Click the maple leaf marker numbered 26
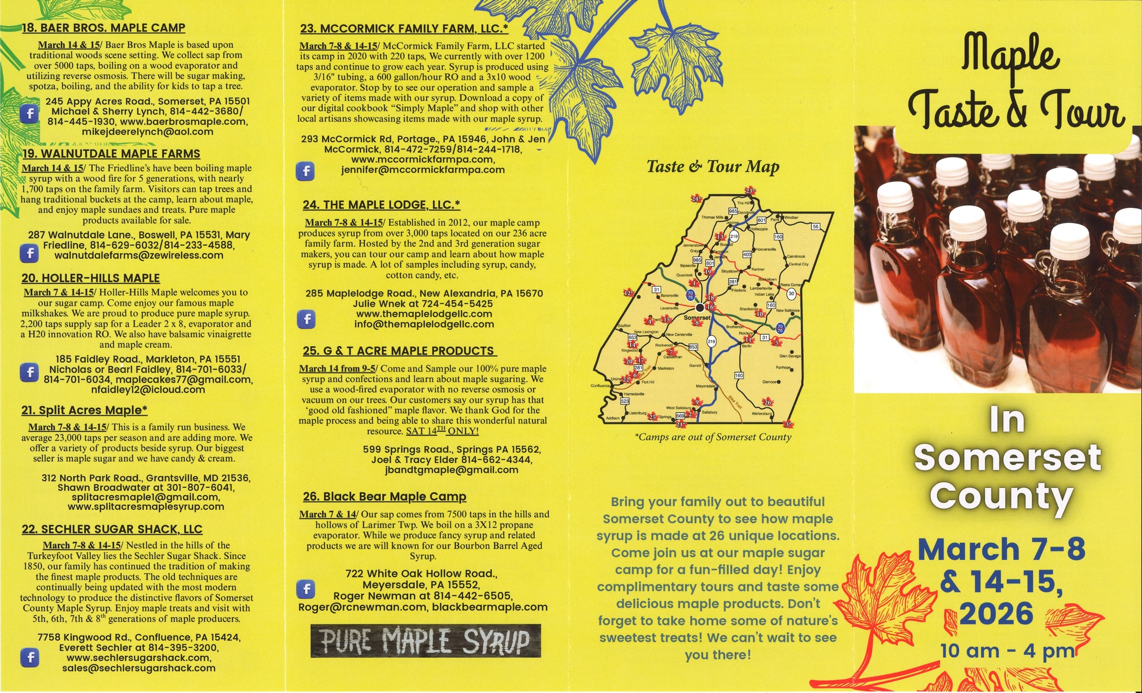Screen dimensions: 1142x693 point(767,403)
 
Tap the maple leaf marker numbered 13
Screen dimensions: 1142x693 point(720,237)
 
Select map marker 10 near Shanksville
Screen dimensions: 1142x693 point(759,314)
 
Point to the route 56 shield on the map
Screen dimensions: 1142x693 point(816,227)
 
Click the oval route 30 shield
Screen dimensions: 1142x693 point(791,293)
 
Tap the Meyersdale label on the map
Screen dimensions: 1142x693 point(705,386)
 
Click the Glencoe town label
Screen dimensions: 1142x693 point(770,382)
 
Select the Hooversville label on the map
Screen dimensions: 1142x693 point(765,249)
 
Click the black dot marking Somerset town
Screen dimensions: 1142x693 point(700,307)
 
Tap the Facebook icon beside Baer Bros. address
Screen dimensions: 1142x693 point(29,114)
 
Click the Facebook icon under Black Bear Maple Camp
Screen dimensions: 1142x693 point(306,589)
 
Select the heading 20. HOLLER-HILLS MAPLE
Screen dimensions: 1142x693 point(90,278)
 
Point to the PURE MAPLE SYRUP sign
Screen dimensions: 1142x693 point(425,641)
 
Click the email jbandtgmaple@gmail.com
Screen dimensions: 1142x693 point(452,470)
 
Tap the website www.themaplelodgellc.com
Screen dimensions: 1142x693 point(424,314)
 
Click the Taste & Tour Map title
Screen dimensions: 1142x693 point(713,167)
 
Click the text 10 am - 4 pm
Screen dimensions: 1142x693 point(1007,651)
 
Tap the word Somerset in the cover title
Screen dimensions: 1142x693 point(1007,457)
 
